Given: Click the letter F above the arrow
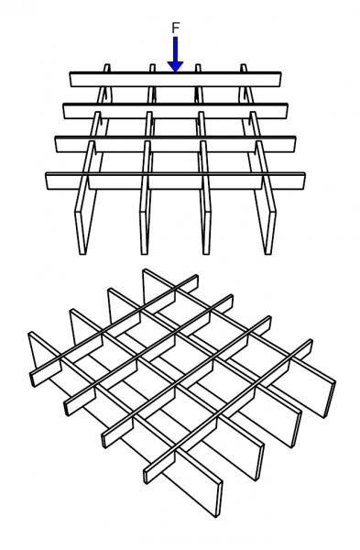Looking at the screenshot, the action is click(x=176, y=27).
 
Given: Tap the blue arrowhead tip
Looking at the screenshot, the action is click(x=175, y=71).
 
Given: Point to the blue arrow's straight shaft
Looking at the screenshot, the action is click(x=175, y=49).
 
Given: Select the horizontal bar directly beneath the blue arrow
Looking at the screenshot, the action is click(x=175, y=79).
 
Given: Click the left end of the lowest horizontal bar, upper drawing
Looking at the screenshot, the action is click(x=47, y=181).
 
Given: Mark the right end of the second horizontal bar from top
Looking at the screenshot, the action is click(x=287, y=111).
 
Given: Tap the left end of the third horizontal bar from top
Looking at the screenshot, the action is click(x=56, y=144).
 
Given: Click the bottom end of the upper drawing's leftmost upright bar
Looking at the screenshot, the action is click(x=82, y=253).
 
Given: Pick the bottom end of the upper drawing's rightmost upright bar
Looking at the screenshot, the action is click(x=268, y=253).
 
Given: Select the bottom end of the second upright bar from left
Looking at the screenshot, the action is click(x=144, y=253).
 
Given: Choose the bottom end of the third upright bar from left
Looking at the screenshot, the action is click(x=206, y=253).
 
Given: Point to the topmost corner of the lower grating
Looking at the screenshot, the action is click(x=144, y=269).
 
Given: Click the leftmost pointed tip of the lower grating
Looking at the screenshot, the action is click(x=29, y=334).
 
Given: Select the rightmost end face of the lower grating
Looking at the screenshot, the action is click(x=332, y=399).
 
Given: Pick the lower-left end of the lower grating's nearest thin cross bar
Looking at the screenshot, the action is click(x=146, y=476).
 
